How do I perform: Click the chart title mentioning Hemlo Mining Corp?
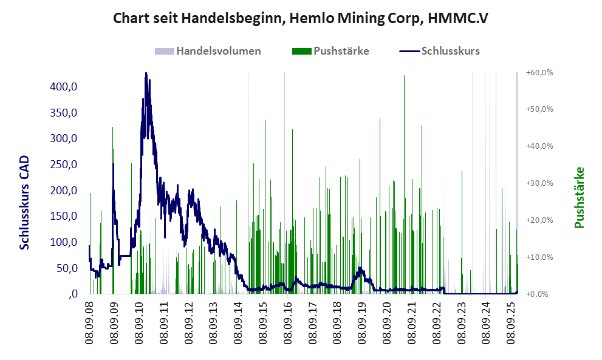pos(301,19)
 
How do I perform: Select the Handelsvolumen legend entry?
pos(208,51)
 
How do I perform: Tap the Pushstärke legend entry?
pos(332,51)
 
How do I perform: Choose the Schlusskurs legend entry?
pos(440,51)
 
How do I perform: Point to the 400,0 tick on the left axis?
pos(64,87)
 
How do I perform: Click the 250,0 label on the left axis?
pos(64,165)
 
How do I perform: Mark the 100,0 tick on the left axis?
pos(64,242)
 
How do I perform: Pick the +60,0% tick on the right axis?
pos(539,73)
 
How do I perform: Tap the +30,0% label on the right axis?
pos(539,183)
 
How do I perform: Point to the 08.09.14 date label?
pos(239,321)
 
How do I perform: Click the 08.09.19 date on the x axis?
pos(363,321)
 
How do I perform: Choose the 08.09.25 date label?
pos(511,321)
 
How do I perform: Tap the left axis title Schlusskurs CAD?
pos(25,203)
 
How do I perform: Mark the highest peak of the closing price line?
pos(146,74)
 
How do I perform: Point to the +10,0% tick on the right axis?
pos(539,257)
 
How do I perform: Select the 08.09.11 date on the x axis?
pos(164,321)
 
